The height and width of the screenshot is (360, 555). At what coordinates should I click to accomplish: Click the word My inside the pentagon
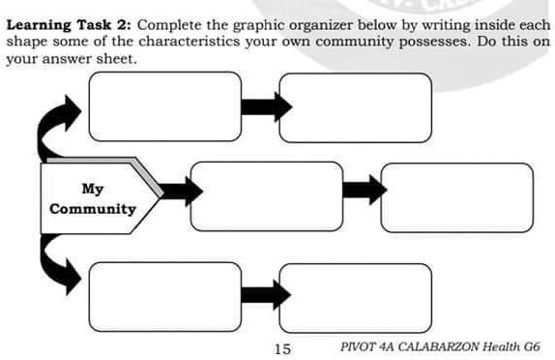point(93,189)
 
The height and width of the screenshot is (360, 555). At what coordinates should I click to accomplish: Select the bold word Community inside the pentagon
point(93,209)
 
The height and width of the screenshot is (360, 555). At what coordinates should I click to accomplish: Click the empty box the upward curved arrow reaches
point(164,107)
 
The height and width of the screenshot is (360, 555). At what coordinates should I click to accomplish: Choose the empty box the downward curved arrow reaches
point(164,295)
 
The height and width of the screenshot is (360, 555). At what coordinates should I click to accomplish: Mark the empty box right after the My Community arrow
point(266,197)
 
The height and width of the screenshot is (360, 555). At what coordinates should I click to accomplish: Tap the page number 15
point(282,347)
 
